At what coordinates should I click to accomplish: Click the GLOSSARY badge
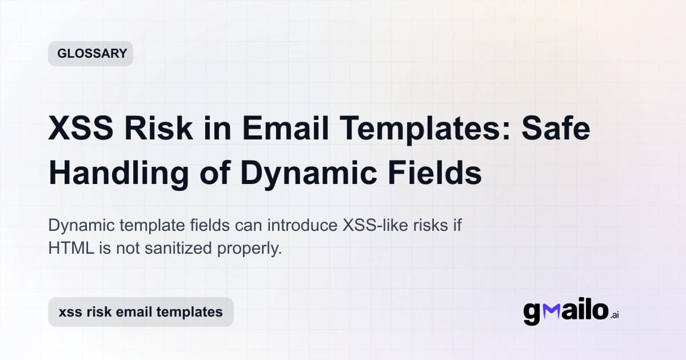(90, 54)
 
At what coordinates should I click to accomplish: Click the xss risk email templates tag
(141, 312)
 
